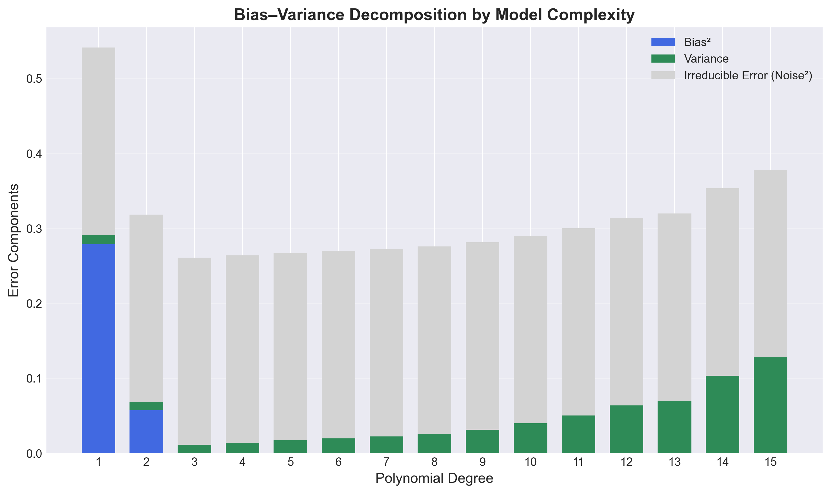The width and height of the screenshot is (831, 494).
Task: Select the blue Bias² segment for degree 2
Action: point(146,431)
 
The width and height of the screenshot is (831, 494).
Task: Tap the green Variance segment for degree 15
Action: point(770,405)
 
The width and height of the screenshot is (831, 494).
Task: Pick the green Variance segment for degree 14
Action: point(722,414)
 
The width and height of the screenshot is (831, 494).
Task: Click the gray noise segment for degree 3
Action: point(194,351)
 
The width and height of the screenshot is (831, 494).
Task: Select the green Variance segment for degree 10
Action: point(530,438)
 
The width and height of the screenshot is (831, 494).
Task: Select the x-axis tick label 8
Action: point(434,462)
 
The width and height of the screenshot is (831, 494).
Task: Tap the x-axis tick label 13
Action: point(674,462)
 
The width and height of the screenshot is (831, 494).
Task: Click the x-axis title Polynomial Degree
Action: point(434,479)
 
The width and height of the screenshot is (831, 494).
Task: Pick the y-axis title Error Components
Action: point(14,240)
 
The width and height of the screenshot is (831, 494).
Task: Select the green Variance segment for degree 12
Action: point(627,429)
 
